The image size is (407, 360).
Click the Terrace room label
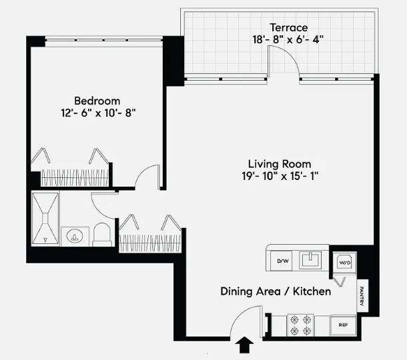click(288, 27)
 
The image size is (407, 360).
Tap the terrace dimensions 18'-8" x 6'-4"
click(288, 39)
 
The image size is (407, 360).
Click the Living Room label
click(279, 163)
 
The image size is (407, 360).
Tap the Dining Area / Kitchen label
click(276, 291)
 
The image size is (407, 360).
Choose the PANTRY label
click(361, 297)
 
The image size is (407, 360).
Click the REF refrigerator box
click(343, 325)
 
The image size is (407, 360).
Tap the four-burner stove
click(299, 325)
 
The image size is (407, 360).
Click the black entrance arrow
click(245, 345)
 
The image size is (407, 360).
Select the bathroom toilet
click(102, 234)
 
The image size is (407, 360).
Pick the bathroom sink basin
click(75, 236)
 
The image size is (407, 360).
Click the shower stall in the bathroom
click(45, 219)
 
